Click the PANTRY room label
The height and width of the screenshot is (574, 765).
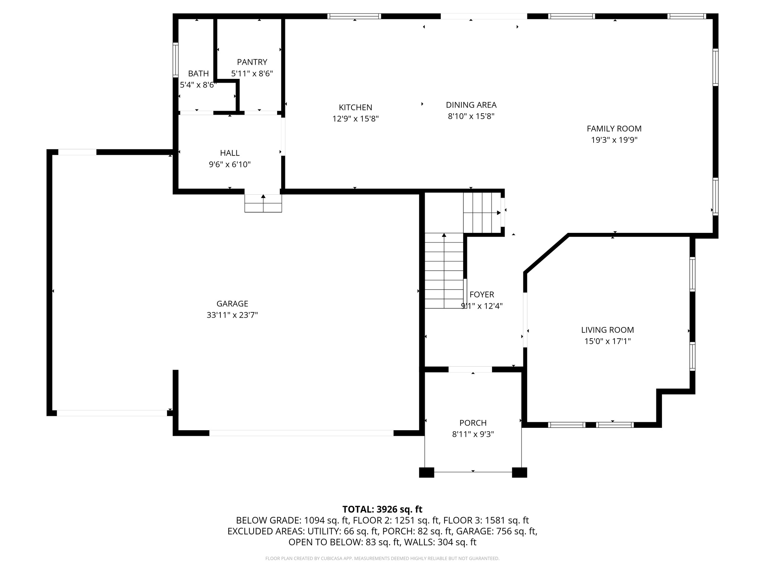(252, 62)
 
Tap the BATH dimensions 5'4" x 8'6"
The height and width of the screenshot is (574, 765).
(198, 85)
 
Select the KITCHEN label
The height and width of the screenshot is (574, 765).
(355, 108)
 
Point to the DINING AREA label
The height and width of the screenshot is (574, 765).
(471, 105)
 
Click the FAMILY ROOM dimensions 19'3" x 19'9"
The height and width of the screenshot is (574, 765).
(614, 140)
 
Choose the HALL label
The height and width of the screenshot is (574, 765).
(230, 153)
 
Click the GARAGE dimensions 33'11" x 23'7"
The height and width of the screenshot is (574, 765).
(232, 315)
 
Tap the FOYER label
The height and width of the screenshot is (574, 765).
(482, 294)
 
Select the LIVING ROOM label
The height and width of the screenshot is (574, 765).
(607, 330)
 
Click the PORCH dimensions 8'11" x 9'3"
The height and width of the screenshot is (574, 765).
(473, 434)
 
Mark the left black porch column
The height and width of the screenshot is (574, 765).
(427, 472)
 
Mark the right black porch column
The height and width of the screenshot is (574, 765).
(519, 472)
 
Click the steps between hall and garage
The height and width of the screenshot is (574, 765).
(263, 204)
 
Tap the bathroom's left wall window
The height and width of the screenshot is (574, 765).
(175, 60)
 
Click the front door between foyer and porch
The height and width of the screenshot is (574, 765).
(470, 369)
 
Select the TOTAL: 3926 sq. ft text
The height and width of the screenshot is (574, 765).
(382, 509)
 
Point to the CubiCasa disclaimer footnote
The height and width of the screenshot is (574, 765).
(382, 558)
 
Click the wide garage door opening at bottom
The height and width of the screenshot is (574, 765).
(301, 433)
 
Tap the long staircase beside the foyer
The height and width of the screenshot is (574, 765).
(444, 271)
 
